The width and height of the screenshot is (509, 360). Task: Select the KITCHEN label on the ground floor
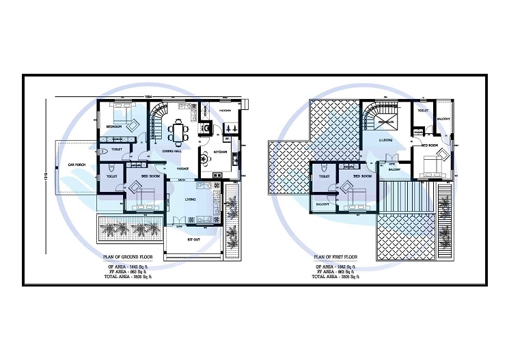220,151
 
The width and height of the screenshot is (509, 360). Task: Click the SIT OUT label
194,240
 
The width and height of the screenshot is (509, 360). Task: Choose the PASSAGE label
182,168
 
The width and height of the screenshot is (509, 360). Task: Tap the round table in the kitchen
205,160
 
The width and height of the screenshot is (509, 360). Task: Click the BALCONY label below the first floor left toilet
324,204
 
